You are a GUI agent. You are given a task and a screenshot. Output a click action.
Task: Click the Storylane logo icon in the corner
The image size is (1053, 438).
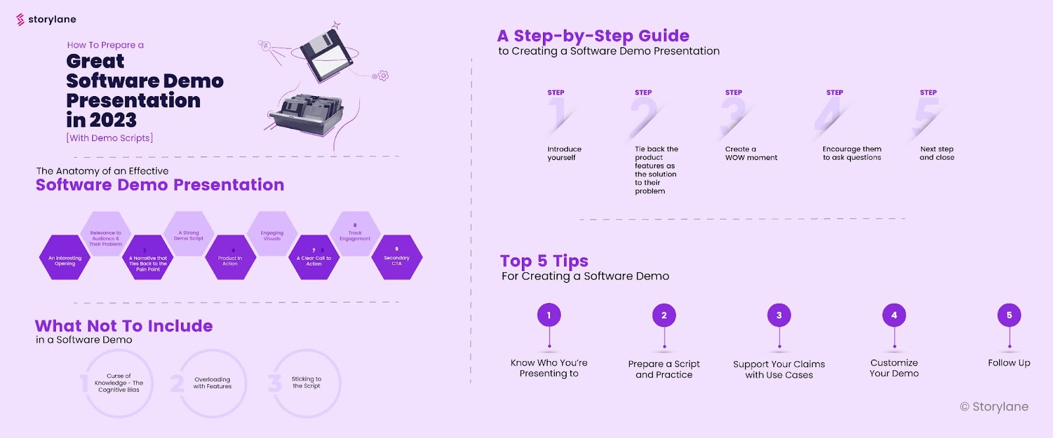point(20,20)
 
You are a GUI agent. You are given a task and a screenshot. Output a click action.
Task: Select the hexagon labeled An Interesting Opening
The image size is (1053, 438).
point(65,258)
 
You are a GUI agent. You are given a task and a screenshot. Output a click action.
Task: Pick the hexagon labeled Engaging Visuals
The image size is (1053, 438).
point(272,234)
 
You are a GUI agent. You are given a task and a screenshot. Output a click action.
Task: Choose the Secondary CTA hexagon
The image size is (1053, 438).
point(397,258)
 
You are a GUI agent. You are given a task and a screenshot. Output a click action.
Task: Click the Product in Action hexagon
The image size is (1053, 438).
point(230,258)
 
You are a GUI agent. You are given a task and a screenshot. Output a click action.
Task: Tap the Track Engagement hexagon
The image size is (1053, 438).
point(355,234)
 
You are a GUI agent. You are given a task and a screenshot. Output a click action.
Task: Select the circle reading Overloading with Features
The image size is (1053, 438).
point(212,383)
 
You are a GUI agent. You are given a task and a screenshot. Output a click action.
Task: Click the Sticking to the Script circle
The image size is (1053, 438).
point(307,383)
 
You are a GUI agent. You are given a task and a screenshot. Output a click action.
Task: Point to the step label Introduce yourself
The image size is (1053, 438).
point(564,153)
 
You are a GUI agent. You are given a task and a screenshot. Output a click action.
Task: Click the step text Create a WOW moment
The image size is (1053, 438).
point(751,153)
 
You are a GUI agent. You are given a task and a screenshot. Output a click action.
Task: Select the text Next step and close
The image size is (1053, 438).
point(937,153)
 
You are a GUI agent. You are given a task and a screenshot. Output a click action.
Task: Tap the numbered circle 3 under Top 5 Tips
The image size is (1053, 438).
point(779,315)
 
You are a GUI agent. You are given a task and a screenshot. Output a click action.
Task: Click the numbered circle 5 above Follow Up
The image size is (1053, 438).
point(1009,315)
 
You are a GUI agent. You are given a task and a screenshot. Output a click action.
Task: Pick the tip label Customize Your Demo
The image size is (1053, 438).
point(894,368)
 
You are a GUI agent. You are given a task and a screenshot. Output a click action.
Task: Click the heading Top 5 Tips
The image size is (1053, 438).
point(544,261)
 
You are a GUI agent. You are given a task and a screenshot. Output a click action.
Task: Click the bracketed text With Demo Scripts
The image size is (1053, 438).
point(110,138)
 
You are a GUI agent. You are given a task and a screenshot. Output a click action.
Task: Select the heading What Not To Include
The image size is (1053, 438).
point(124,326)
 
